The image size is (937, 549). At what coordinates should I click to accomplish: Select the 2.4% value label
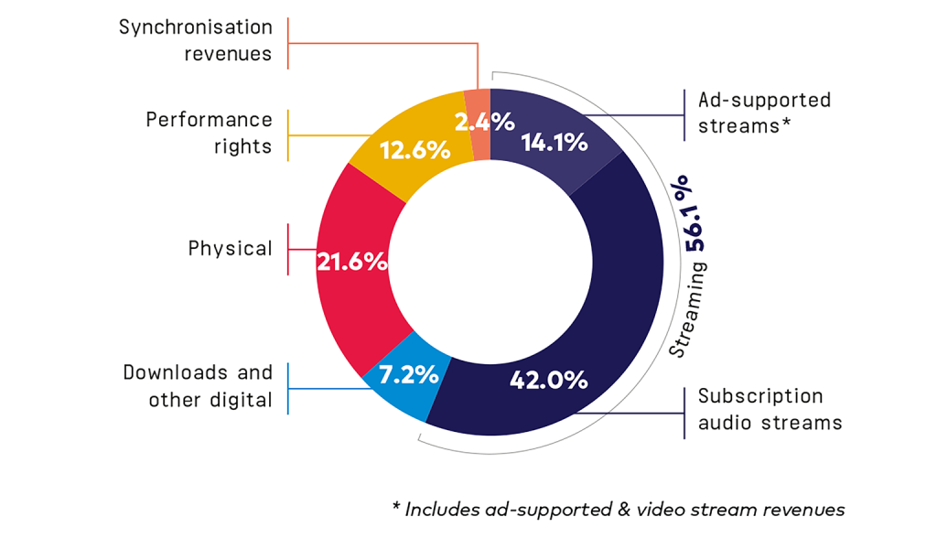click(x=484, y=121)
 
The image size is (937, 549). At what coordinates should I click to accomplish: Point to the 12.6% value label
click(x=415, y=150)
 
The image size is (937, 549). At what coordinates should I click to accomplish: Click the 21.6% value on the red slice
click(x=351, y=262)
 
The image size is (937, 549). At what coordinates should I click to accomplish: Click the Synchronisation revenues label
click(x=195, y=40)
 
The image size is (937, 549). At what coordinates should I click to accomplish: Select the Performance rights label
click(x=209, y=133)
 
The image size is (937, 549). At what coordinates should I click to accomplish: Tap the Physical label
click(x=230, y=249)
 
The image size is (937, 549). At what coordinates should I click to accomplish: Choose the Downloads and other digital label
click(x=198, y=385)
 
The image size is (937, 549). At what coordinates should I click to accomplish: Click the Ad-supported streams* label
click(x=764, y=113)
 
